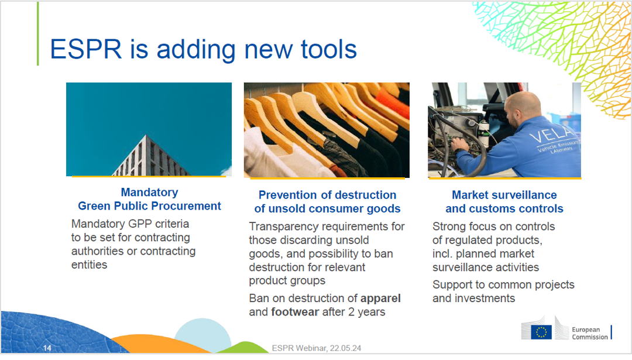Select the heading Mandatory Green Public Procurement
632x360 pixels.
point(149,199)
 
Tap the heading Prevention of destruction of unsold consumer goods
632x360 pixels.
point(327,202)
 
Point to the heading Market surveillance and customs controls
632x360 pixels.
point(504,202)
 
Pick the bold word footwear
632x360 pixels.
point(295,311)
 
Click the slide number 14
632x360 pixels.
point(47,349)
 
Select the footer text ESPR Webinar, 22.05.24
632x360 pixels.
point(317,348)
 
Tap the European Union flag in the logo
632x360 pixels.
point(541,332)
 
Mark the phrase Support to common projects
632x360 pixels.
point(503,284)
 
